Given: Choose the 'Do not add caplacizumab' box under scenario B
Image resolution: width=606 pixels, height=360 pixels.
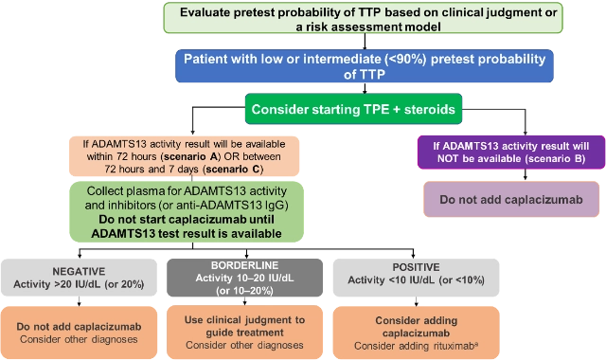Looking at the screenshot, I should tap(510, 200).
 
